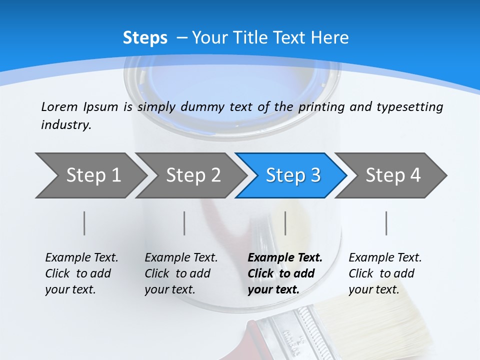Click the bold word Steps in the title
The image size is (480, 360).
click(145, 38)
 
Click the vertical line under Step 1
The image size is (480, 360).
click(84, 223)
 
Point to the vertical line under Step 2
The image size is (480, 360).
click(184, 223)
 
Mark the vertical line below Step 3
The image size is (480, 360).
click(285, 223)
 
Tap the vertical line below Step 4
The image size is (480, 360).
click(386, 223)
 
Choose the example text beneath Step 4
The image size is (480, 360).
click(384, 273)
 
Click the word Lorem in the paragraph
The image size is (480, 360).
click(59, 106)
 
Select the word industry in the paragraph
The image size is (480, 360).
click(65, 125)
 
